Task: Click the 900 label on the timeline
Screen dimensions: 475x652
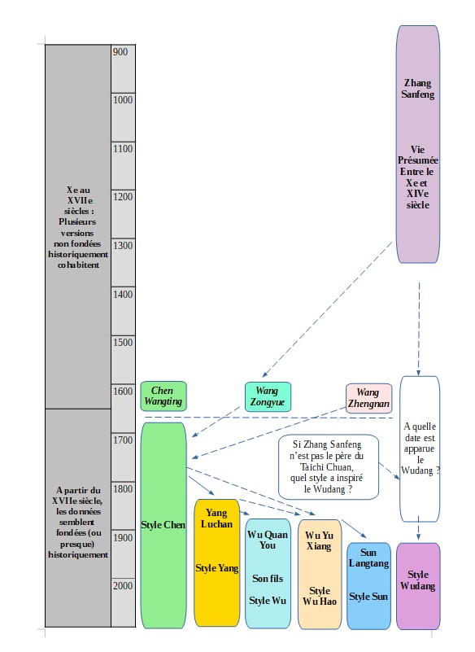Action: pyautogui.click(x=120, y=52)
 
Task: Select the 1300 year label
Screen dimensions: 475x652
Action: pyautogui.click(x=123, y=245)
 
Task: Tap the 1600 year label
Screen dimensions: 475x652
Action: pyautogui.click(x=123, y=392)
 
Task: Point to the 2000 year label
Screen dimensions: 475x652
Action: pyautogui.click(x=123, y=585)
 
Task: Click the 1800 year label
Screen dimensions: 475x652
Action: pyautogui.click(x=123, y=488)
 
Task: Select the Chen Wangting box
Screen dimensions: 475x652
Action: pyautogui.click(x=163, y=396)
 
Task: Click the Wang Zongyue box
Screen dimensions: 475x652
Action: pyautogui.click(x=268, y=396)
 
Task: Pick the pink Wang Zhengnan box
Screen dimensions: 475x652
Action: pyautogui.click(x=368, y=398)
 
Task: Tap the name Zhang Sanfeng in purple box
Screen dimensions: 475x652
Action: pyautogui.click(x=417, y=89)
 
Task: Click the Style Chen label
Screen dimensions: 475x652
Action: pyautogui.click(x=163, y=525)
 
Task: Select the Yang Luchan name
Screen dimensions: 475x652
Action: pyautogui.click(x=216, y=519)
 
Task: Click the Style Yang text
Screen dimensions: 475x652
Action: pyautogui.click(x=216, y=568)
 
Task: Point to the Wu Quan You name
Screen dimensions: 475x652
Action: pyautogui.click(x=268, y=540)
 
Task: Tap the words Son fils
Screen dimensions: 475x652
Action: pyautogui.click(x=268, y=579)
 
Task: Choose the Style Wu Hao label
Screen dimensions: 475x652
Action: pyautogui.click(x=319, y=596)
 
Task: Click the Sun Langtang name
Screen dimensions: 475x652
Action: pyautogui.click(x=368, y=558)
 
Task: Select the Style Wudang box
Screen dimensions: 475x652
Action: pyautogui.click(x=418, y=586)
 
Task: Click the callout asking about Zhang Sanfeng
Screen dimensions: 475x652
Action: pyautogui.click(x=329, y=467)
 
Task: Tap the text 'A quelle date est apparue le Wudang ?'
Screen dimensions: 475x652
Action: pyautogui.click(x=420, y=449)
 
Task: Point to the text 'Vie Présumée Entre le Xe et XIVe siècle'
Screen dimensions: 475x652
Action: pyautogui.click(x=417, y=177)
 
